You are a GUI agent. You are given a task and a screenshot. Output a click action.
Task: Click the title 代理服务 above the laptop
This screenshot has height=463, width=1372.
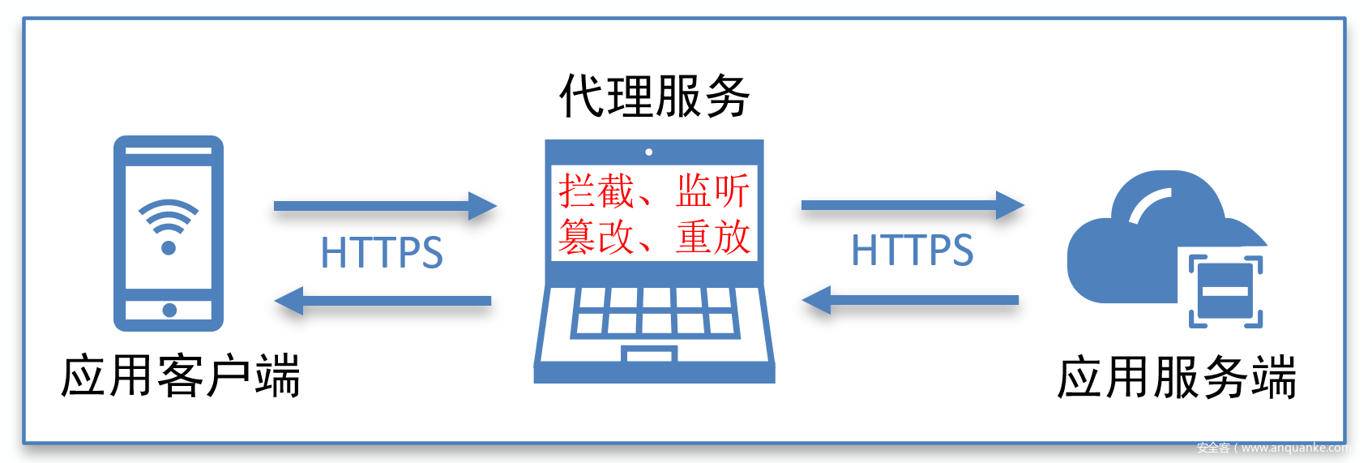click(x=654, y=96)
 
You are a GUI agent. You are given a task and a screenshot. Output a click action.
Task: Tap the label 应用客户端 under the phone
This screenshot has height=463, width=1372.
click(x=181, y=376)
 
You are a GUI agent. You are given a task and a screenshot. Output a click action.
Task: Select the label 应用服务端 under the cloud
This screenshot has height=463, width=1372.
click(x=1177, y=377)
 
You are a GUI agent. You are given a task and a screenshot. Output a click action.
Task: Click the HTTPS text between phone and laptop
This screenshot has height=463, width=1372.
click(x=382, y=253)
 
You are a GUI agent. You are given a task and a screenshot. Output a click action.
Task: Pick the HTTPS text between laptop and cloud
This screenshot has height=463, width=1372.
click(x=912, y=251)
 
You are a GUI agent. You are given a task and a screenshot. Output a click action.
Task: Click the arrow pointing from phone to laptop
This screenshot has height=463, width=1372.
click(x=385, y=206)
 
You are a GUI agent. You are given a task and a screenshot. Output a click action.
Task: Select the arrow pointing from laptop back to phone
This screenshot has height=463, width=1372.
click(x=383, y=301)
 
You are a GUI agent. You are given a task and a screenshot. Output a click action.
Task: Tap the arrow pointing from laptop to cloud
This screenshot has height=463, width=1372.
click(x=913, y=205)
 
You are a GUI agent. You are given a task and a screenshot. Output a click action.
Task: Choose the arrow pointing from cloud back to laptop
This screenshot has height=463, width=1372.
click(x=910, y=300)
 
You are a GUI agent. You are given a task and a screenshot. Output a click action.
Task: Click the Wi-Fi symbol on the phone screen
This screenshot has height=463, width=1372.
click(x=169, y=226)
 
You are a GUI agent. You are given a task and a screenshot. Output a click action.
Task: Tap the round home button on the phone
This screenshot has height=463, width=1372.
click(x=169, y=310)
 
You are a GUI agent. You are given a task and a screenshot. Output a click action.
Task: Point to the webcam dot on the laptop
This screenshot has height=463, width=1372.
click(x=648, y=152)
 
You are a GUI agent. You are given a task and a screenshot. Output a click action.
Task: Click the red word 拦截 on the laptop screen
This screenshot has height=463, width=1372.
click(x=596, y=191)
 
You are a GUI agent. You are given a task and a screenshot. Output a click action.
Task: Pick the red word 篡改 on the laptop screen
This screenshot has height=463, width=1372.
click(x=596, y=237)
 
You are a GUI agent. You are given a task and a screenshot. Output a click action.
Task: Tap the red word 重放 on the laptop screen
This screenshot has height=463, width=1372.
click(x=713, y=237)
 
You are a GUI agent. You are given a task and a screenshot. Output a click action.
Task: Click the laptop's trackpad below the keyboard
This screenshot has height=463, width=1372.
click(x=649, y=354)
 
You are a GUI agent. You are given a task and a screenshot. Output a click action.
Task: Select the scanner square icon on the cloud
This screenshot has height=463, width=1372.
click(x=1225, y=291)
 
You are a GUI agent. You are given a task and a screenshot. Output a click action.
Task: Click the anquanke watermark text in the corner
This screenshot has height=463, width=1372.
click(x=1274, y=448)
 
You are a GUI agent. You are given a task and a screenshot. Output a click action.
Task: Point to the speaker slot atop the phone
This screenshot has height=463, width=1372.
click(x=169, y=150)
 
